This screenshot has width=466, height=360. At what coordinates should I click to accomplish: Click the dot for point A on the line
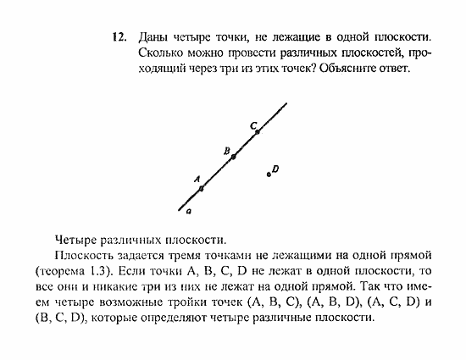(201, 188)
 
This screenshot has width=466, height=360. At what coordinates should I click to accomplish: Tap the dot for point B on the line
(233, 157)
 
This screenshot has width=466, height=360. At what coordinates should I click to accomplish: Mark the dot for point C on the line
(258, 132)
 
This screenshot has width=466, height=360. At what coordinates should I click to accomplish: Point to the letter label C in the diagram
(252, 125)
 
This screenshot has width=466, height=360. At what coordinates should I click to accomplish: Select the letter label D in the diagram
(276, 169)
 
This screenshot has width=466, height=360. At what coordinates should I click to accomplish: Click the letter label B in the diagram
(227, 151)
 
